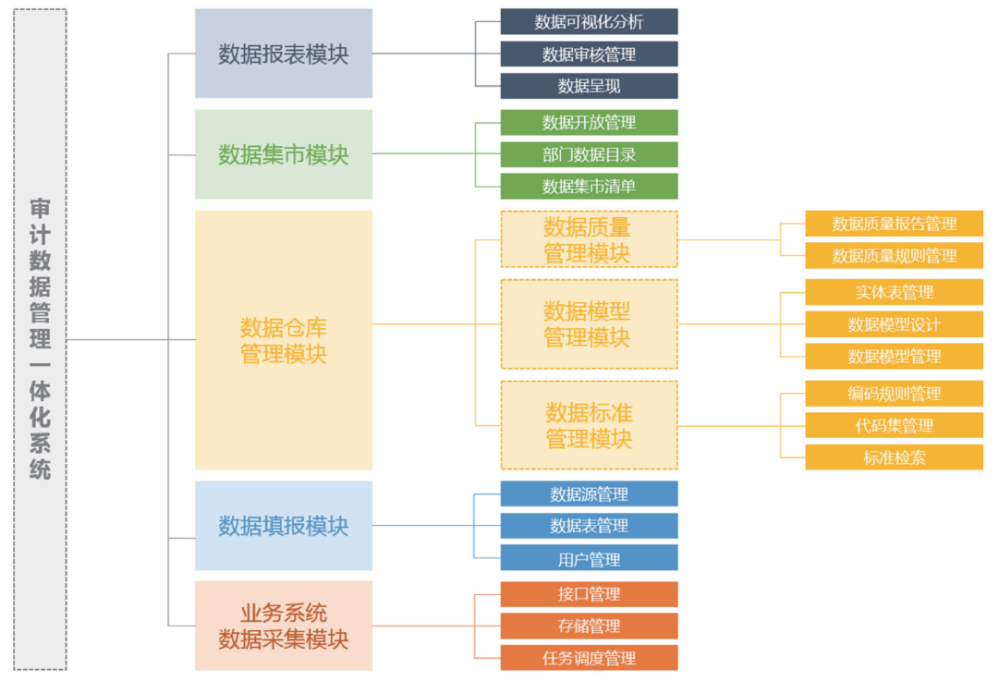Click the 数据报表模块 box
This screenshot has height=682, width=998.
tap(283, 54)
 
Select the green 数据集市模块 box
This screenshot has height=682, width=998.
tap(283, 154)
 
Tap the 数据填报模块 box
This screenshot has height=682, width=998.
tap(283, 526)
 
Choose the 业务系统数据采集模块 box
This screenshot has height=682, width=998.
tap(283, 626)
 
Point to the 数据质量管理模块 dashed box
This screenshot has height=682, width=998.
tap(589, 239)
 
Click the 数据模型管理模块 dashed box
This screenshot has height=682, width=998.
tap(589, 324)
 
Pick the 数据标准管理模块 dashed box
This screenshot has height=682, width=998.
tap(589, 425)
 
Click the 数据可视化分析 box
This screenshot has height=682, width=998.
tap(589, 22)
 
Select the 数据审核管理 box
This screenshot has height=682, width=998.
tap(589, 55)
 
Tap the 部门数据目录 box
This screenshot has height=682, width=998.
tap(589, 154)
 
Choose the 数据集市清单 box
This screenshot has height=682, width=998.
tap(589, 187)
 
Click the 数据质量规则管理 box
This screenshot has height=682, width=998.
tap(894, 256)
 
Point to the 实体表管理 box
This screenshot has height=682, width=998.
tap(894, 293)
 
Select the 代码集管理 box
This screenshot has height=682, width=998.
tap(894, 426)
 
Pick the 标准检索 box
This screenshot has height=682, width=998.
tap(894, 457)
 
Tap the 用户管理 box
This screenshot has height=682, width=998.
tap(589, 558)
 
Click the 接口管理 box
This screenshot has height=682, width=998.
tap(589, 594)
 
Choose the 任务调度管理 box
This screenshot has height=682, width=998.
tap(589, 658)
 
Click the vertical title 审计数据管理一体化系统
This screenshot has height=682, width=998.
tap(40, 339)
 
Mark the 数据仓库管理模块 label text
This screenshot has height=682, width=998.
tap(283, 340)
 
